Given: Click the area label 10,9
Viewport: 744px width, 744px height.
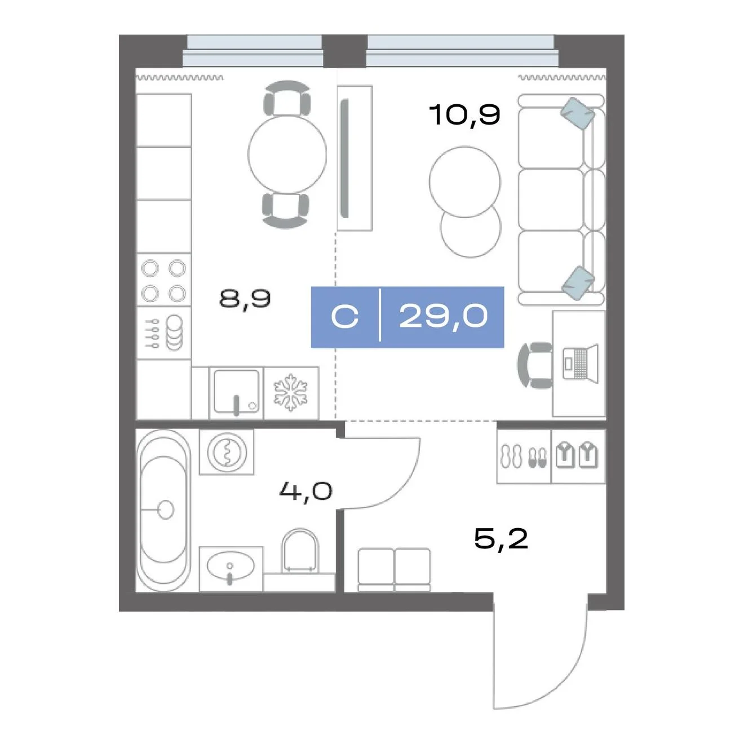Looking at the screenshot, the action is click(x=464, y=114).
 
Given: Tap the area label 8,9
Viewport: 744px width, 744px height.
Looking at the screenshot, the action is click(x=245, y=298).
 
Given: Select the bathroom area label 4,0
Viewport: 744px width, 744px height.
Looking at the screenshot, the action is click(x=305, y=491).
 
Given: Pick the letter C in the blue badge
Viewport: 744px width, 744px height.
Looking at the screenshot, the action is click(x=345, y=317).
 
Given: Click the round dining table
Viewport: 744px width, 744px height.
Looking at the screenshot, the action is click(x=287, y=154).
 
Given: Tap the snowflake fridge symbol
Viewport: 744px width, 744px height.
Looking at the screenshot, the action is click(x=291, y=392).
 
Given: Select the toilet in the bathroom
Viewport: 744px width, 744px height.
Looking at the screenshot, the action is click(x=300, y=551).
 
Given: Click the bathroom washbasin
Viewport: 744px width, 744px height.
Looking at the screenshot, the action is click(x=231, y=567).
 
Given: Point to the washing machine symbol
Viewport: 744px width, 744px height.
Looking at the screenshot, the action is click(x=227, y=451).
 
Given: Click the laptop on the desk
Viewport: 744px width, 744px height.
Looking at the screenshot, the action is click(x=581, y=364).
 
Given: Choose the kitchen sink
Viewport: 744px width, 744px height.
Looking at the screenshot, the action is click(x=236, y=392).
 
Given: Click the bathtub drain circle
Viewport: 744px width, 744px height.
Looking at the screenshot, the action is click(x=166, y=510).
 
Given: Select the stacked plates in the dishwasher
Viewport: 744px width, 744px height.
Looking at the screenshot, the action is click(x=175, y=332).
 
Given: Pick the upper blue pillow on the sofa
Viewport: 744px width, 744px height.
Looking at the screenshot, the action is click(x=578, y=113).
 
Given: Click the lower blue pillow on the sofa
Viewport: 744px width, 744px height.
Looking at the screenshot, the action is click(x=578, y=282).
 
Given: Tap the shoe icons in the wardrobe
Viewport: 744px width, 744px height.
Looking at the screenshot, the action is click(x=523, y=457).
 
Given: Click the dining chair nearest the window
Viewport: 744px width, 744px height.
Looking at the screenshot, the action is click(x=287, y=98).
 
